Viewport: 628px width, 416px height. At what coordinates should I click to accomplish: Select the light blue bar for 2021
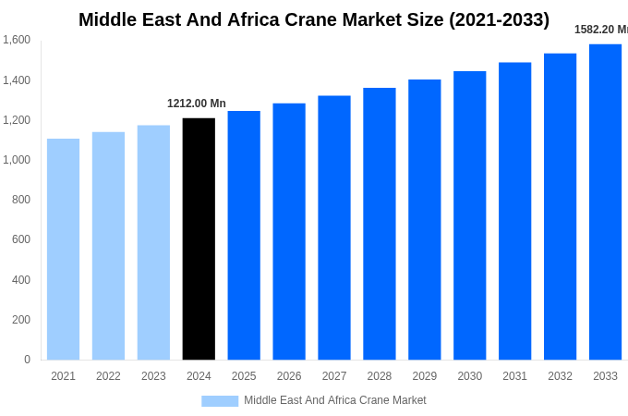(63, 250)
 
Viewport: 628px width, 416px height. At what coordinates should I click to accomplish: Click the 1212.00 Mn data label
(197, 104)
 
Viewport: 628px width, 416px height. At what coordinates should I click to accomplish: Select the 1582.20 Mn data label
(600, 30)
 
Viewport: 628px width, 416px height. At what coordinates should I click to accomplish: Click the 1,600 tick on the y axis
(17, 40)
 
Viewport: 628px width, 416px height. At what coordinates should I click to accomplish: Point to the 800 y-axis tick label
(20, 200)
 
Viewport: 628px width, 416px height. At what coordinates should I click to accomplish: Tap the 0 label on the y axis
(27, 360)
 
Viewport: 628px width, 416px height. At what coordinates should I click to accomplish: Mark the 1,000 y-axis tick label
(17, 160)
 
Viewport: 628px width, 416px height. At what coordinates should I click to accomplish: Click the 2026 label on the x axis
(289, 376)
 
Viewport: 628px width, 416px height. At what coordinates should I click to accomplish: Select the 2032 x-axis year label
(560, 376)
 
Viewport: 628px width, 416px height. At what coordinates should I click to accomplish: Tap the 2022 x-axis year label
(108, 376)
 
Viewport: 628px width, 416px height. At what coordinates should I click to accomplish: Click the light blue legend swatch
(220, 401)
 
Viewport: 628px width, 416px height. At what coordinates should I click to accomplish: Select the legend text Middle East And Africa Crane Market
(335, 400)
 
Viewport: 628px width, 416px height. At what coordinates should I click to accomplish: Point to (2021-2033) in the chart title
(499, 19)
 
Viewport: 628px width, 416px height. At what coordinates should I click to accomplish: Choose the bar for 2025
(244, 235)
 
